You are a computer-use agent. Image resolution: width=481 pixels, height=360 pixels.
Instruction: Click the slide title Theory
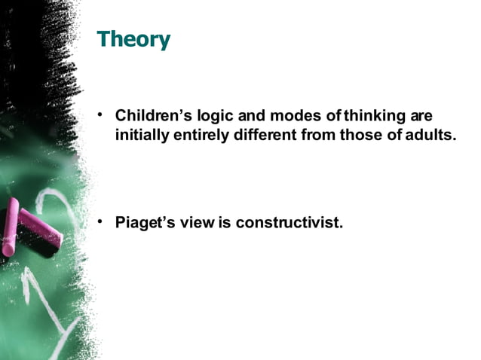[133, 39]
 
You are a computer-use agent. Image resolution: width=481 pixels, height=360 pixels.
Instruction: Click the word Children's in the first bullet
[152, 117]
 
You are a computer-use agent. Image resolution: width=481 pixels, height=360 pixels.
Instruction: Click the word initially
[141, 136]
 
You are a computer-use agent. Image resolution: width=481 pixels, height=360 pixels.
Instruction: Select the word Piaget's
[147, 223]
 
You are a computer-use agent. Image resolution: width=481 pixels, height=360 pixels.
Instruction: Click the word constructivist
[289, 223]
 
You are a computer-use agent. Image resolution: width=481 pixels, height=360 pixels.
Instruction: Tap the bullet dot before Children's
[100, 116]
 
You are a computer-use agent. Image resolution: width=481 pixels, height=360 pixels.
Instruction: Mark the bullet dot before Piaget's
[100, 221]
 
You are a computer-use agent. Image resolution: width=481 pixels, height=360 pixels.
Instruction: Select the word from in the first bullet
[317, 136]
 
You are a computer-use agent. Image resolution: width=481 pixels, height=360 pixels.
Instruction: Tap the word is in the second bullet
[225, 223]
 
